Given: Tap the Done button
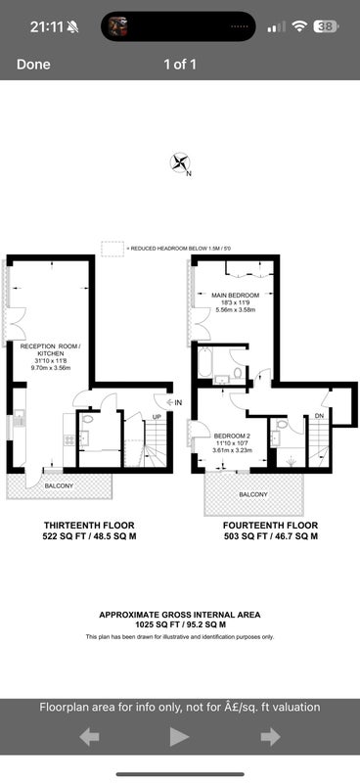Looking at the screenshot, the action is pyautogui.click(x=33, y=65).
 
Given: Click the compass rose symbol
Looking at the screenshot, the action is pyautogui.click(x=180, y=162).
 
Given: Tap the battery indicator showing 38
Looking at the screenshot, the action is pyautogui.click(x=326, y=26).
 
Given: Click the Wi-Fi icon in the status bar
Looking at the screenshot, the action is pyautogui.click(x=299, y=26).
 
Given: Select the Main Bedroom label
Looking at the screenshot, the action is pyautogui.click(x=235, y=295).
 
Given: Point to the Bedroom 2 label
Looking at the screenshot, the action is pyautogui.click(x=231, y=436).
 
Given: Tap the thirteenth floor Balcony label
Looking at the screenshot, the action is pyautogui.click(x=59, y=485).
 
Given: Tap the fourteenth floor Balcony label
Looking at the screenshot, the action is pyautogui.click(x=253, y=495).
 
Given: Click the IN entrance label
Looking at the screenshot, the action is pyautogui.click(x=178, y=401).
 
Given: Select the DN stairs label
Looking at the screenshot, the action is pyautogui.click(x=320, y=415).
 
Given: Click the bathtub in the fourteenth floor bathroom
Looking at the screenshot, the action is pyautogui.click(x=205, y=363).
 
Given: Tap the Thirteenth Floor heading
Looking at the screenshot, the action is pyautogui.click(x=89, y=526).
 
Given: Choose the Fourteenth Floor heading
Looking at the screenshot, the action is pyautogui.click(x=270, y=526).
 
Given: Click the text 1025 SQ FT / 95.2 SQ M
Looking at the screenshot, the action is pyautogui.click(x=180, y=624).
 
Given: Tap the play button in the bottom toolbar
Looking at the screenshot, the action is pyautogui.click(x=180, y=737).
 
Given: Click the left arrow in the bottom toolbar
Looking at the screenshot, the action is pyautogui.click(x=89, y=737).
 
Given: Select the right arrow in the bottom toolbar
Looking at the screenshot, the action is pyautogui.click(x=270, y=737).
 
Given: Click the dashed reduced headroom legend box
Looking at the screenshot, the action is pyautogui.click(x=112, y=249).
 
